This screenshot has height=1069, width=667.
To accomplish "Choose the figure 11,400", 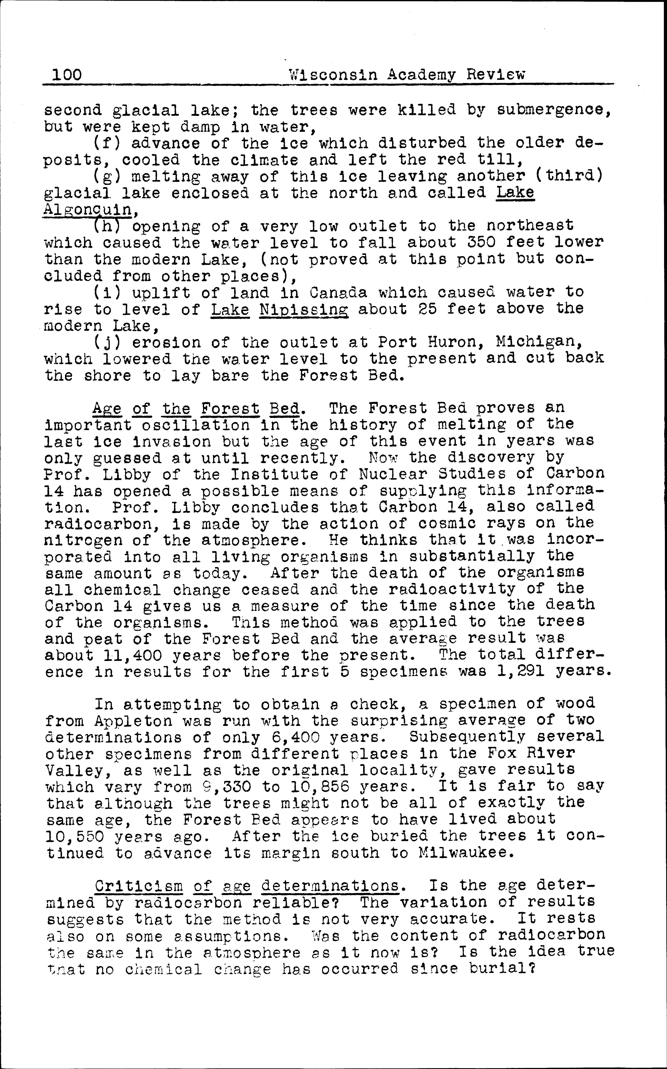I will pyautogui.click(x=132, y=656).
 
